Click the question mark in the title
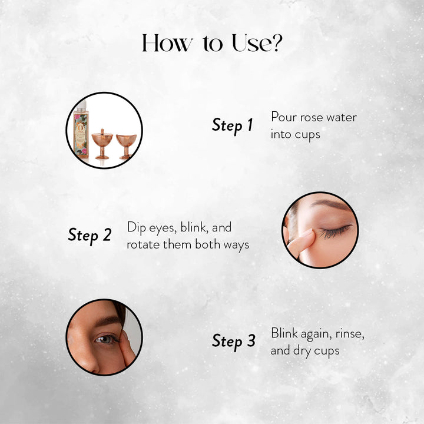(276, 43)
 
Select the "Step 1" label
(232, 125)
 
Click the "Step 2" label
(90, 235)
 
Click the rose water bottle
(81, 132)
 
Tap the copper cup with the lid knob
(102, 144)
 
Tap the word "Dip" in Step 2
(137, 228)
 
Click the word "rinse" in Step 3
(350, 334)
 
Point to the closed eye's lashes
(334, 231)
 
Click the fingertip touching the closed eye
(307, 236)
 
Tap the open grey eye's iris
(102, 339)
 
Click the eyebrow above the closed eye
(331, 205)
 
